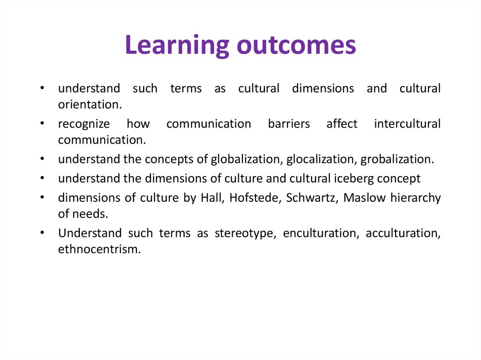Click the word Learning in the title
click(177, 46)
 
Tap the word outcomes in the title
click(296, 46)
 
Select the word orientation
click(90, 105)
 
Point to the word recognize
click(84, 124)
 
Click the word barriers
click(289, 123)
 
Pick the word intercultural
click(407, 123)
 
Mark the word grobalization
click(397, 160)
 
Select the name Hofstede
click(256, 198)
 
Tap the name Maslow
click(365, 198)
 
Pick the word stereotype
click(245, 234)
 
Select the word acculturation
click(403, 233)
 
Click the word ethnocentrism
click(100, 249)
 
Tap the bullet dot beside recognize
click(42, 123)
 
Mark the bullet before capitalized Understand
click(42, 233)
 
